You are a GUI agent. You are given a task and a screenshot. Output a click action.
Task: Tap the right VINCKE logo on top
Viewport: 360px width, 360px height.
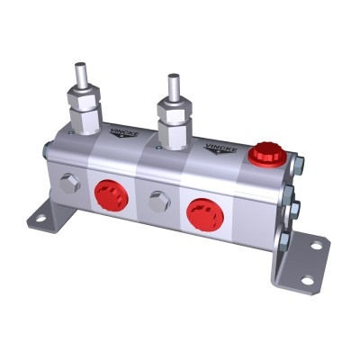219,147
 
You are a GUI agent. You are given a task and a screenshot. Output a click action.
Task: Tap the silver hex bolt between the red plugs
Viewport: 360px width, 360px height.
158,202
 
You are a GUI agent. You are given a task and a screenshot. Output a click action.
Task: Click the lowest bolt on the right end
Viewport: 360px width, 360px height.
286,240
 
